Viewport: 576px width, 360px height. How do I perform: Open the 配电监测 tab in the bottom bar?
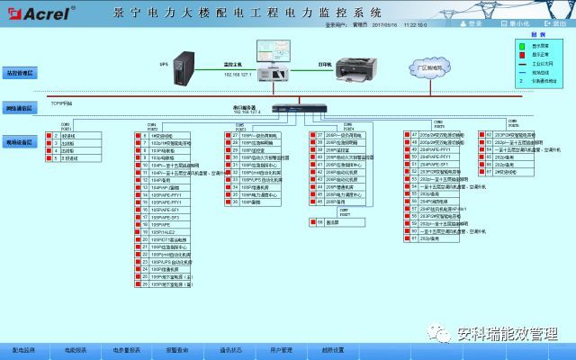[x=24, y=348]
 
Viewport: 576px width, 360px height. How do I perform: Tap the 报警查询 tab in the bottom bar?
[x=177, y=348]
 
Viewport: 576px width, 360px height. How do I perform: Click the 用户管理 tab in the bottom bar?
[x=280, y=348]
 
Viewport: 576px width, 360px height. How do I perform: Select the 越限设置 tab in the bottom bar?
[x=331, y=348]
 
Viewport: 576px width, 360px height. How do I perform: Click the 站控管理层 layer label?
[x=19, y=71]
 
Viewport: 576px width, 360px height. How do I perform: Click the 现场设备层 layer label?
[x=19, y=142]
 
